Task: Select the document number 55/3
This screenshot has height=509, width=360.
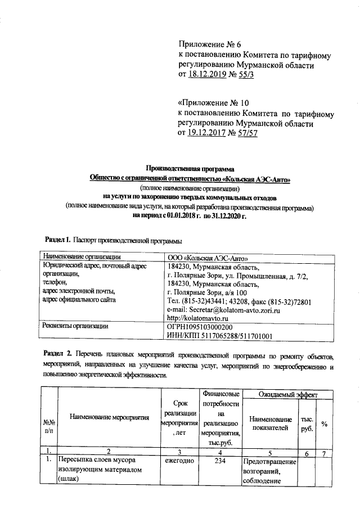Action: (245, 76)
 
